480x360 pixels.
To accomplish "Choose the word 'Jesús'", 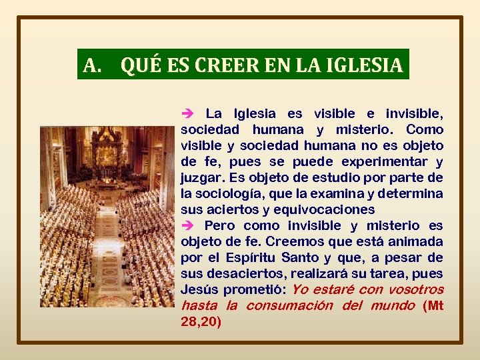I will pyautogui.click(x=198, y=290).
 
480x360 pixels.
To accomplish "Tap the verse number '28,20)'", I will pyautogui.click(x=200, y=322).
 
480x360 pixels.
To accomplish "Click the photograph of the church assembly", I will pyautogui.click(x=107, y=217).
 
